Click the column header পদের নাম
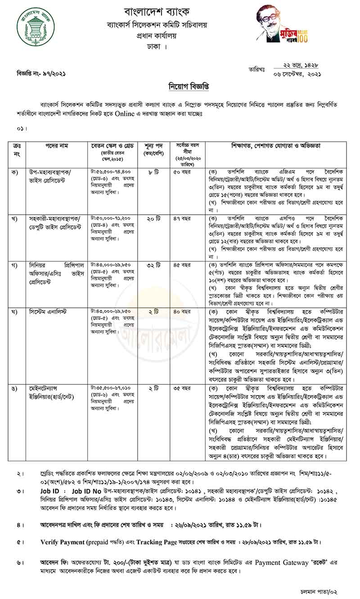(x=56, y=146)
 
